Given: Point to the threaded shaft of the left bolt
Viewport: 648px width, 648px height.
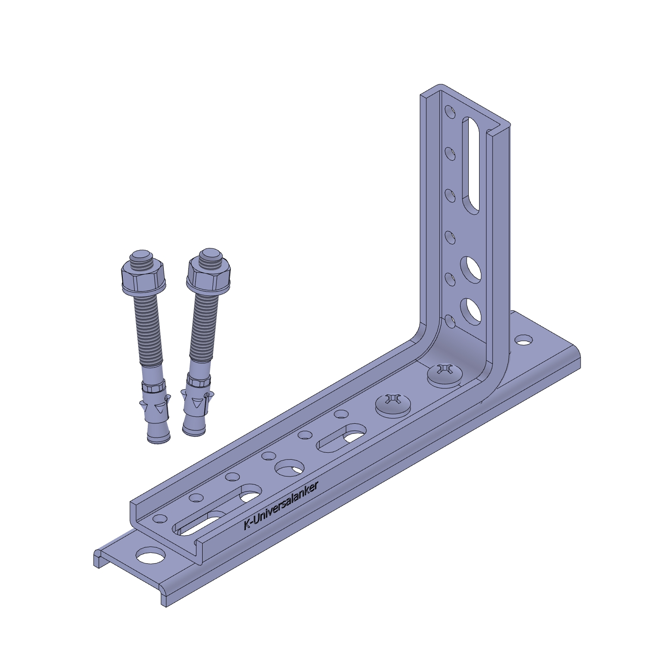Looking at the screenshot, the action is (x=148, y=330).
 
